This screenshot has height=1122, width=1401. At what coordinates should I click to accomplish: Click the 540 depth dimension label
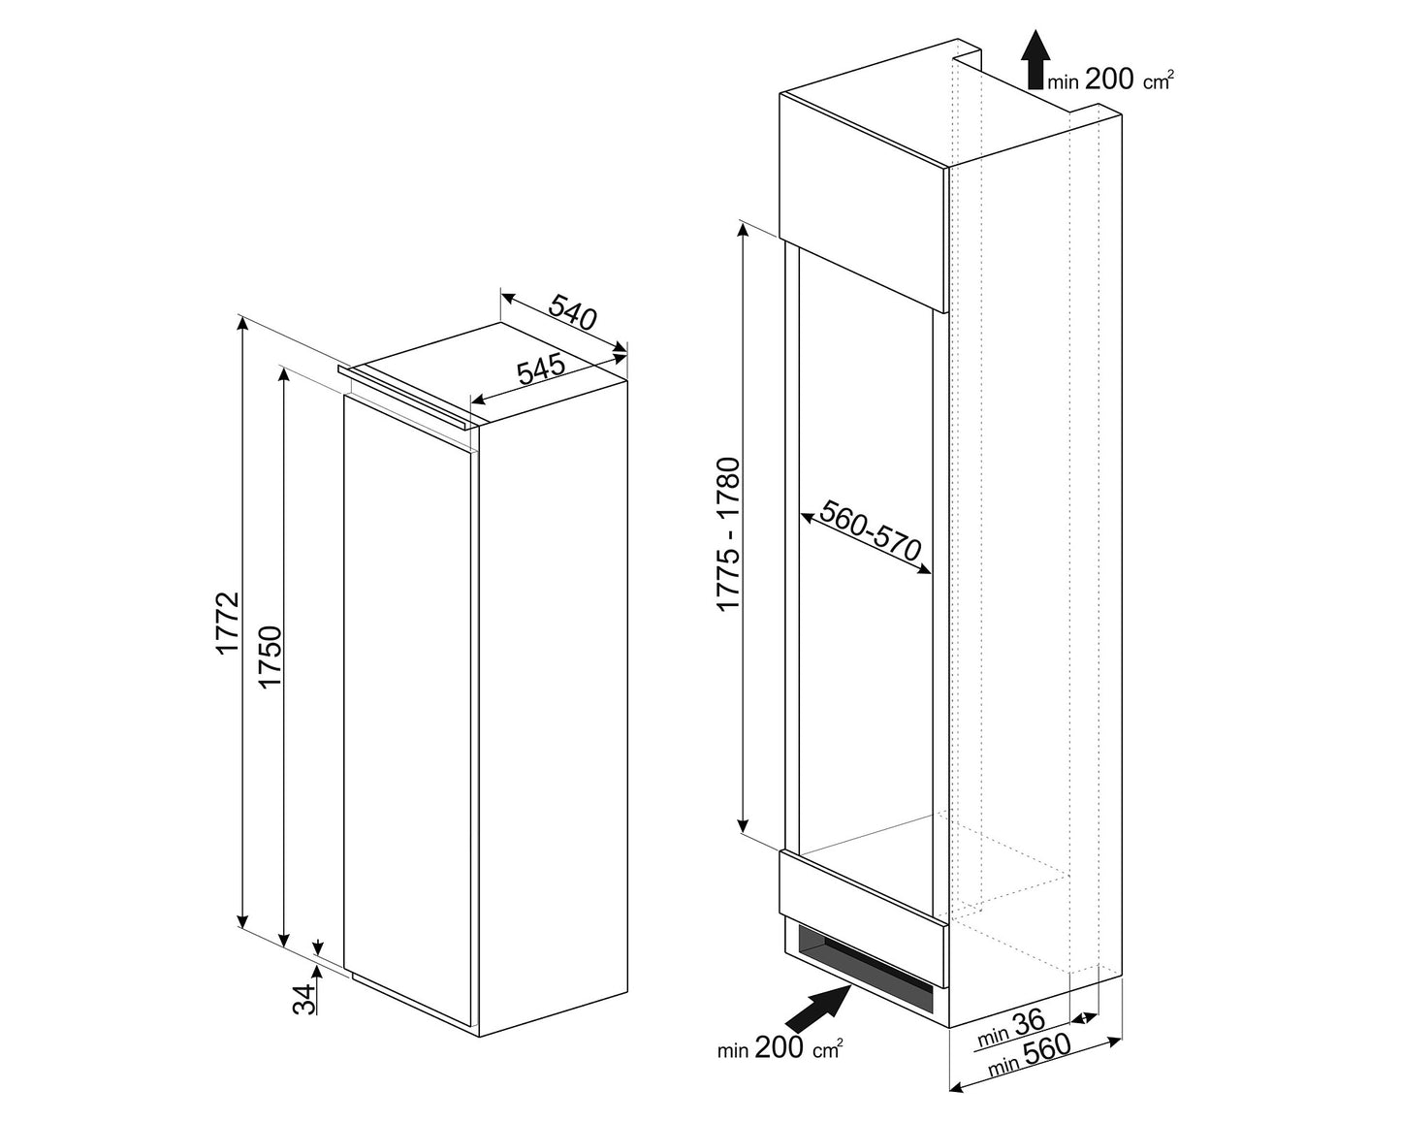[572, 312]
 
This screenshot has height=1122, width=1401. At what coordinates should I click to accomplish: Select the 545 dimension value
[541, 369]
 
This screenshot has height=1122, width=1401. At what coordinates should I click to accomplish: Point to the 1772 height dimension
[228, 623]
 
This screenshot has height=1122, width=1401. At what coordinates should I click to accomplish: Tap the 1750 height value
[270, 657]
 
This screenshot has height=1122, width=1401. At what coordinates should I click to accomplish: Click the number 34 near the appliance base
[304, 998]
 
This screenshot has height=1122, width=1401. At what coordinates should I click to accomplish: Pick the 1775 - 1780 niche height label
[728, 534]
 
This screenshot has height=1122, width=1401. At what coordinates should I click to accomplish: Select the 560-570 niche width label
[871, 530]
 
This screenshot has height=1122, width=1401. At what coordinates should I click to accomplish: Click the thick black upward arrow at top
[1034, 60]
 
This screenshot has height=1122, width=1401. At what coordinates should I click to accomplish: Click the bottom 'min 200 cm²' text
[780, 1047]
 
